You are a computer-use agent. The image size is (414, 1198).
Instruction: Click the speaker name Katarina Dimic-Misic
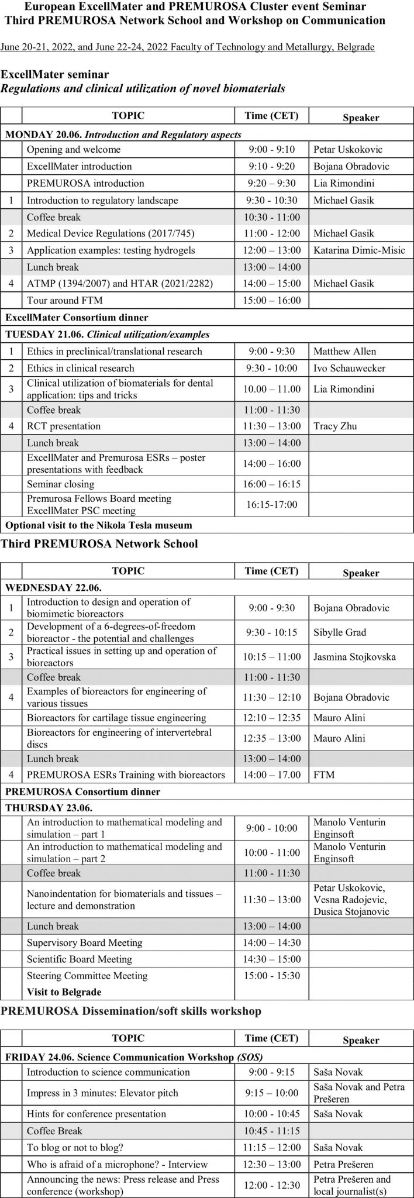coord(359,250)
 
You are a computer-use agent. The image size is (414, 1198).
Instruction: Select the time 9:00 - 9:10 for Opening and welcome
coord(271,149)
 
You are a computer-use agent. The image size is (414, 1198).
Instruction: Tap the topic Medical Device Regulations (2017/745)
coord(111,233)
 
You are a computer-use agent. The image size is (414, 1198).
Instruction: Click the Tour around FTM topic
coord(64,301)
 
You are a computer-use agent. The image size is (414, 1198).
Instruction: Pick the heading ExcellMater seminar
coord(55,74)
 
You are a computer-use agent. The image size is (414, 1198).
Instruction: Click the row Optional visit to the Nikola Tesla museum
coord(99,525)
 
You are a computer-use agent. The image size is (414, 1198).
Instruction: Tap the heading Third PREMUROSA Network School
coord(99,543)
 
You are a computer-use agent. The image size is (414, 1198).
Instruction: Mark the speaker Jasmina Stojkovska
coord(354,657)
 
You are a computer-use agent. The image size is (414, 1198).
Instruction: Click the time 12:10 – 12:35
coord(271,718)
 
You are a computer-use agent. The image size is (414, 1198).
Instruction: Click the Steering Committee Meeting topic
coord(87,976)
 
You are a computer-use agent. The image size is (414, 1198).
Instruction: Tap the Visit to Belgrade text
coord(64,992)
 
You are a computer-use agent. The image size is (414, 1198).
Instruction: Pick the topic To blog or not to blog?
coord(75,1148)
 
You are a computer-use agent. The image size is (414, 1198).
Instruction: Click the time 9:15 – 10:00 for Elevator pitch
coord(271,1093)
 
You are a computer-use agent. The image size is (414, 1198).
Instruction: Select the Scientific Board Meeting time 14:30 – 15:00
coord(271,959)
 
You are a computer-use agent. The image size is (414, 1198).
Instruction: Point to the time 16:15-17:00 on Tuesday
coord(271,504)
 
